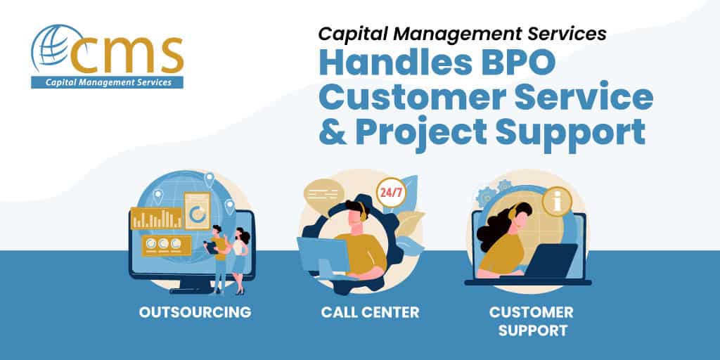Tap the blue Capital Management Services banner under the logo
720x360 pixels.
[x=107, y=83]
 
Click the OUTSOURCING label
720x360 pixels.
[x=195, y=312]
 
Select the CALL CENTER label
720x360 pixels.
[x=370, y=312]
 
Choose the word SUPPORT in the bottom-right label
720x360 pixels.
[x=533, y=330]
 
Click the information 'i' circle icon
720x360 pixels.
[x=557, y=201]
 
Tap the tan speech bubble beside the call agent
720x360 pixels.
[x=323, y=194]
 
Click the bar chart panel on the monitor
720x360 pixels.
[x=156, y=218]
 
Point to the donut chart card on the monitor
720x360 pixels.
[x=198, y=211]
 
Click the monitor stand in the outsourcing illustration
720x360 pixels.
[x=188, y=285]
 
